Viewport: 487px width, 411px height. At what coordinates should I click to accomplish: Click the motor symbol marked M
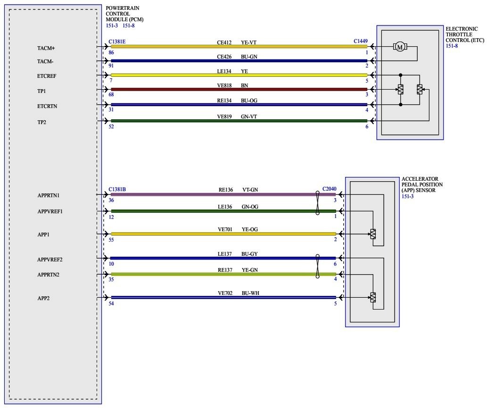point(400,47)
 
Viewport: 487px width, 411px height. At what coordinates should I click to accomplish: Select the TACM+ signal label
point(46,48)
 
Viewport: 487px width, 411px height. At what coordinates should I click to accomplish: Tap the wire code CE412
point(224,42)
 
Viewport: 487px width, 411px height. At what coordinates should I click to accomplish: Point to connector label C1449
point(362,42)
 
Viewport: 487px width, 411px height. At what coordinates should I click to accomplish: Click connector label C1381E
point(117,42)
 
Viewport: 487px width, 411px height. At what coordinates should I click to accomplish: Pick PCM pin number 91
point(111,66)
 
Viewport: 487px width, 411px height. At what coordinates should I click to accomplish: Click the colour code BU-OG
point(249,100)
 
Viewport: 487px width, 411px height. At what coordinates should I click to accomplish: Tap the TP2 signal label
point(42,122)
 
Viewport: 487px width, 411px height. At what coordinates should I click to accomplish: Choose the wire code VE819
point(224,116)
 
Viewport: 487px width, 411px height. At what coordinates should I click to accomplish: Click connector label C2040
point(330,189)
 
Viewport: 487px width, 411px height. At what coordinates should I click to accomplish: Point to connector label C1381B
point(117,189)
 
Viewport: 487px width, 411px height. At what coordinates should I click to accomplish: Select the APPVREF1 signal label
point(50,211)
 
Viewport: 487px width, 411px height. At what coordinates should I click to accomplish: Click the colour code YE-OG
point(250,229)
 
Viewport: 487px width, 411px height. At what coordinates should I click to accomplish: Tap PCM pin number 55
point(111,240)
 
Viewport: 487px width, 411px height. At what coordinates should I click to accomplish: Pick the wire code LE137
point(224,254)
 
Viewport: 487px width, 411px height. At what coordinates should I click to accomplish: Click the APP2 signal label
point(43,298)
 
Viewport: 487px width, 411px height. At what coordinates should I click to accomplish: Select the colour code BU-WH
point(250,293)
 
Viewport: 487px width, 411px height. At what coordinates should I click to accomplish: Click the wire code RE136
point(226,190)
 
